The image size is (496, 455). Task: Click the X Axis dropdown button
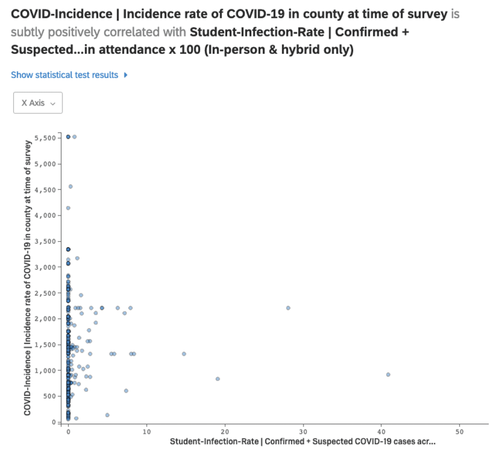[38, 103]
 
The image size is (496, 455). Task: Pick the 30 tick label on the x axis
[303, 431]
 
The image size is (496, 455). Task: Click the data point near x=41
[388, 374]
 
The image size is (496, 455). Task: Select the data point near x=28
[288, 308]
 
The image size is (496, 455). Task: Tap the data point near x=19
[217, 379]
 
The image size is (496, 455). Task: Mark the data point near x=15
[184, 354]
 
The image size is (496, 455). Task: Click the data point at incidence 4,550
[70, 186]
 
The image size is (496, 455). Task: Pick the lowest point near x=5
[107, 415]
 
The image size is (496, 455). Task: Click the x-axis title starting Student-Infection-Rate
[303, 442]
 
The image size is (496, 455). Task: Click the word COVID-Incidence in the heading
[62, 14]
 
